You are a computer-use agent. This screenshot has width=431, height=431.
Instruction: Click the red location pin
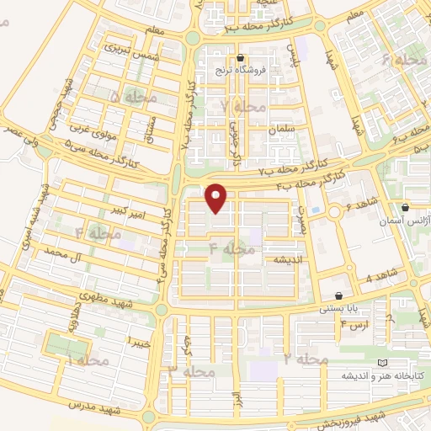click(217, 197)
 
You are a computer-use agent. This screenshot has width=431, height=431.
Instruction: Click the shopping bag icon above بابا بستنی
click(338, 296)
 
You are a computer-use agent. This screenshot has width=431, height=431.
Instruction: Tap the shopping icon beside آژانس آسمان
click(406, 207)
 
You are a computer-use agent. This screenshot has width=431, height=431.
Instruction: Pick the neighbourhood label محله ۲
click(305, 359)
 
